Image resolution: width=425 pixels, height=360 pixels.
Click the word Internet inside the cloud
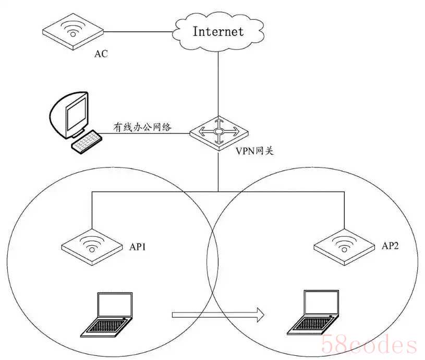point(218,31)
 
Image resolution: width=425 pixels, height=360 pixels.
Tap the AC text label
point(101,54)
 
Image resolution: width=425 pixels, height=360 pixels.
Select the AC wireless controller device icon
point(73,31)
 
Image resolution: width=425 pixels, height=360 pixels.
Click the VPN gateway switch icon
point(218,133)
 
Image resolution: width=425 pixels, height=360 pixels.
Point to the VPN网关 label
point(254,151)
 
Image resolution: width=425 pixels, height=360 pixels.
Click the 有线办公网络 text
point(142,127)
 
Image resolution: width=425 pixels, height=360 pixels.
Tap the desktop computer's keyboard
point(86,142)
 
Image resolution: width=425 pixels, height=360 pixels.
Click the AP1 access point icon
point(92,247)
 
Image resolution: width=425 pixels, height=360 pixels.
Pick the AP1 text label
point(138,247)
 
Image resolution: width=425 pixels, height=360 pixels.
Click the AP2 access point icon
point(344,247)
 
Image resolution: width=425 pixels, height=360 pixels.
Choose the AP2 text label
point(390,246)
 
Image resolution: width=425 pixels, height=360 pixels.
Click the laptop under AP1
point(107,315)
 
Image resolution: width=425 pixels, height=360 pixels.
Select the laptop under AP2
point(313,313)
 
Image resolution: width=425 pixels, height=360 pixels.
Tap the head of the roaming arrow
point(260,315)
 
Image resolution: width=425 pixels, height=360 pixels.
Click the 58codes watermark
point(369,344)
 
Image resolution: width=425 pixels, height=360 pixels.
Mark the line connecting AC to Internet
point(138,32)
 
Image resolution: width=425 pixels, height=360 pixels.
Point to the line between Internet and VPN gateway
point(218,84)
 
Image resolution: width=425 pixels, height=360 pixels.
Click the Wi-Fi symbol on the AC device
point(72,29)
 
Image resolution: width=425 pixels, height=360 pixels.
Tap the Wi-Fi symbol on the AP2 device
point(344,244)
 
